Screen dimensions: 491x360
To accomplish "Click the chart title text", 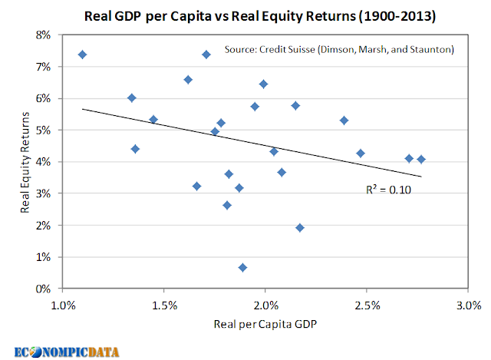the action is [x=260, y=15].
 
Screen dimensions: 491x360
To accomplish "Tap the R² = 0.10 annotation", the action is [x=388, y=190].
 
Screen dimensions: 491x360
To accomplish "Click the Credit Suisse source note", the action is [x=339, y=49].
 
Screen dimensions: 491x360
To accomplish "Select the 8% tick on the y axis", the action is [x=43, y=35].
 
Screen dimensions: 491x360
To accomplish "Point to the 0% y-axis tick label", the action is [x=43, y=289].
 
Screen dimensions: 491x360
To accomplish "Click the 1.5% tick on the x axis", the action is [x=164, y=306].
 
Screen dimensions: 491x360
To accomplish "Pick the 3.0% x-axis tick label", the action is [x=469, y=306].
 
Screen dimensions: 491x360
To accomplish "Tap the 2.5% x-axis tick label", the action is [x=367, y=306].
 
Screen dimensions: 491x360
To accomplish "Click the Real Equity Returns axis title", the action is [x=25, y=162].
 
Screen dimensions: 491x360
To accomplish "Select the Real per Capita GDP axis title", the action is [x=265, y=324].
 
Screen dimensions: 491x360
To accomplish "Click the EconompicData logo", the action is [x=67, y=352].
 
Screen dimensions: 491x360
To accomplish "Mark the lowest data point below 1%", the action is [x=242, y=268].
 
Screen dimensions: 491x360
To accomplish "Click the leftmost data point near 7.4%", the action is [x=82, y=54].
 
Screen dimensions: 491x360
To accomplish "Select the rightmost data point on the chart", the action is [x=421, y=159].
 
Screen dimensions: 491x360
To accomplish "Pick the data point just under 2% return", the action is [x=300, y=227].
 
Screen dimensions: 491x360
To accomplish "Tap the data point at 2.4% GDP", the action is [x=344, y=121].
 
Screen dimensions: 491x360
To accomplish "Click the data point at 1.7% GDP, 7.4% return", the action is [x=206, y=54].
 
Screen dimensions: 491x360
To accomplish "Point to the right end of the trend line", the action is [x=421, y=177].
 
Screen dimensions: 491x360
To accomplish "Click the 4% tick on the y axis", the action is [x=43, y=162].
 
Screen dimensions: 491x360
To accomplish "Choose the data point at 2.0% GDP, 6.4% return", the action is [x=263, y=84].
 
